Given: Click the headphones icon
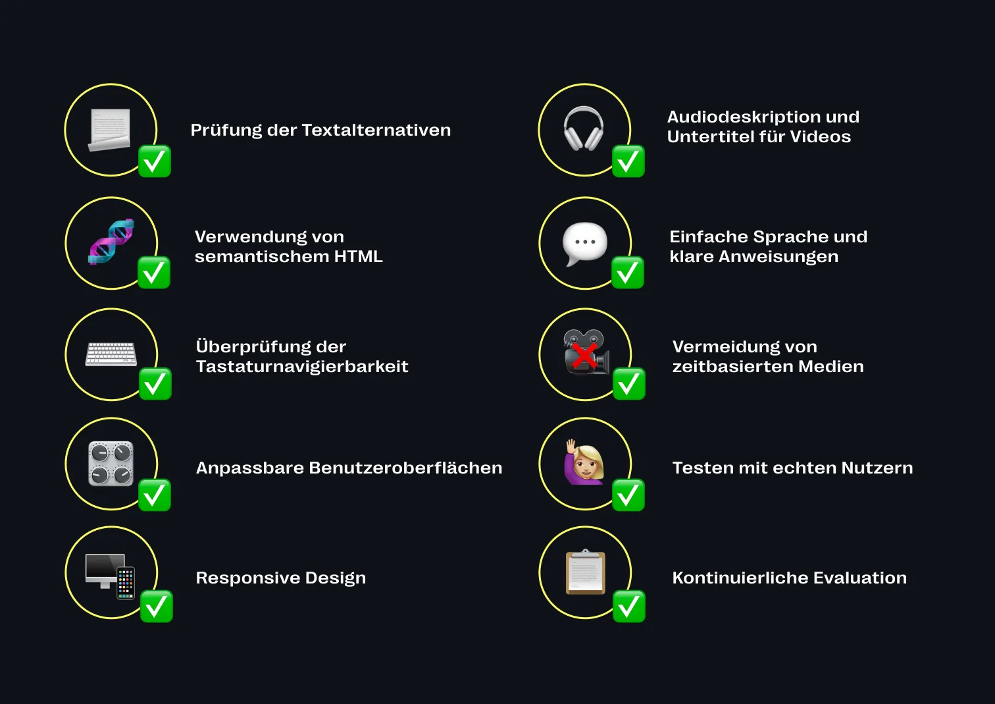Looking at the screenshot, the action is pos(584,128).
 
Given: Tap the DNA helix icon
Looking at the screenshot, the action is pos(111,242).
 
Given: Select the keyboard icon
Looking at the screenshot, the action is pos(111,354).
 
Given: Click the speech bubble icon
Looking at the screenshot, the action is pos(584,243).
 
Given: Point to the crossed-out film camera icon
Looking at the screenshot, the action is pos(585,353).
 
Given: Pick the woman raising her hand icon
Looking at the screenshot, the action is pos(584,462).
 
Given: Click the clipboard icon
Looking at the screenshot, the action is pos(585,572).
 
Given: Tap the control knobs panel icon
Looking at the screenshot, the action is pos(111,464).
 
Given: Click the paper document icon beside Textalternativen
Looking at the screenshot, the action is pos(110,129).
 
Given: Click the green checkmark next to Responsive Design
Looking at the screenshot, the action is pos(157,607).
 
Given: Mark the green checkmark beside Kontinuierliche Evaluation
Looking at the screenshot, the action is pos(629,607).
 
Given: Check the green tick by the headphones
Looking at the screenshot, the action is pos(628,161).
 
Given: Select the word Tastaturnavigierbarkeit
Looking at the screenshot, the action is pos(302,366).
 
